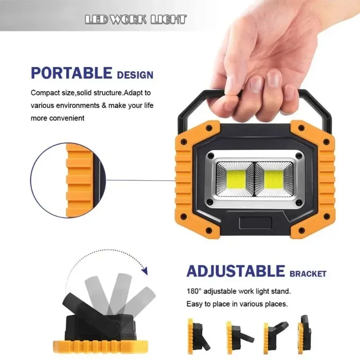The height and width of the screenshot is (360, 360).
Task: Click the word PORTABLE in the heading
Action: click(x=71, y=73)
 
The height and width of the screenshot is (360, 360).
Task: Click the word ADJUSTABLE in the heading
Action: click(x=236, y=271)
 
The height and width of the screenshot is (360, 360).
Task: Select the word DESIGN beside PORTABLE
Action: click(x=135, y=75)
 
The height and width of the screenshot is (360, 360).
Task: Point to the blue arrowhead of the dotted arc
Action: click(x=144, y=271)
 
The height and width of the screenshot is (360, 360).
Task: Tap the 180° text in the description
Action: click(x=194, y=291)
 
